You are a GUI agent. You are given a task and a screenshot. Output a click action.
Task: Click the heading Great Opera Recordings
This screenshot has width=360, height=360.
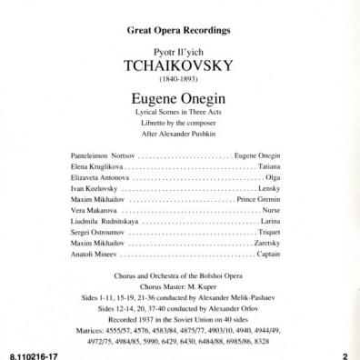click(x=179, y=31)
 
